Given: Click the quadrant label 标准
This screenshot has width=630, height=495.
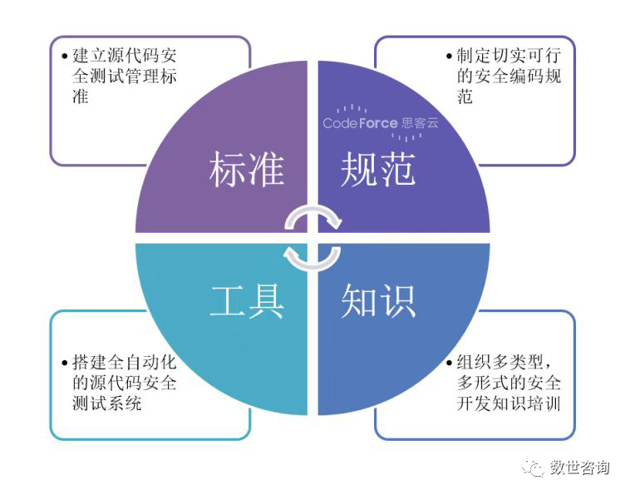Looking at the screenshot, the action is (x=247, y=170).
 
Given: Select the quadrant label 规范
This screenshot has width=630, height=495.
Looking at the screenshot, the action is (x=378, y=170).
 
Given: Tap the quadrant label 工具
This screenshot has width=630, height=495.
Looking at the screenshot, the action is (x=247, y=301).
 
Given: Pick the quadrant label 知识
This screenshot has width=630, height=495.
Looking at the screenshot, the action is (x=378, y=301).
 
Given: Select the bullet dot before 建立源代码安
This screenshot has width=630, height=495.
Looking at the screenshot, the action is (x=65, y=57).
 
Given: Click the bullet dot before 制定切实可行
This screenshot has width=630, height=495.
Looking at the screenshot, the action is (x=449, y=57).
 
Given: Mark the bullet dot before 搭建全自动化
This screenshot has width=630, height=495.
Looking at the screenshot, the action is (x=65, y=363).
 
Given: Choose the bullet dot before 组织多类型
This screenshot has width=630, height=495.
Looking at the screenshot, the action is (x=449, y=363).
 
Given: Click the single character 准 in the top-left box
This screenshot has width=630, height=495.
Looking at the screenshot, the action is (x=81, y=97).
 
